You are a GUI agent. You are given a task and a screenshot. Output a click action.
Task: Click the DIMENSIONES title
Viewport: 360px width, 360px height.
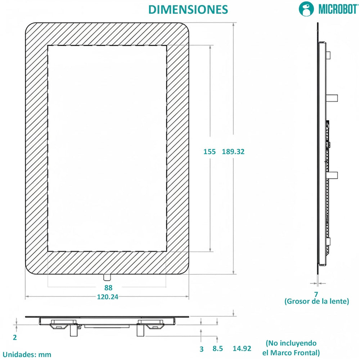pos(188,9)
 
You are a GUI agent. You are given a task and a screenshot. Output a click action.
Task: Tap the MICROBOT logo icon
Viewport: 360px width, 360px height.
pos(306,9)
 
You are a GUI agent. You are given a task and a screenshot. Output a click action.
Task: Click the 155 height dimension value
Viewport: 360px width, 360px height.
pos(209,152)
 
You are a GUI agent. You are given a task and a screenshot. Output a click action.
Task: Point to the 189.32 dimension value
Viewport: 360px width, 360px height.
pos(233,152)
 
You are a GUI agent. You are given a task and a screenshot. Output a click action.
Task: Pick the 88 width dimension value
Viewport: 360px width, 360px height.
pos(108,288)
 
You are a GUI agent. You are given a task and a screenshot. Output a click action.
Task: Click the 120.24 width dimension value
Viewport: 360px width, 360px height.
pos(108,297)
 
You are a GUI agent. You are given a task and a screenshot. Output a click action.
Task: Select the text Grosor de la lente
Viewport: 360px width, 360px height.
pos(317,301)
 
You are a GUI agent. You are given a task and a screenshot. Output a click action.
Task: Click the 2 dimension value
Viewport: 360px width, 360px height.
pos(15,337)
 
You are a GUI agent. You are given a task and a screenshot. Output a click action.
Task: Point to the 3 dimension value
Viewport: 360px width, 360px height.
pos(202,349)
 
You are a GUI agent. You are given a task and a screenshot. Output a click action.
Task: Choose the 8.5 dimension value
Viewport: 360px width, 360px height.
pos(217,348)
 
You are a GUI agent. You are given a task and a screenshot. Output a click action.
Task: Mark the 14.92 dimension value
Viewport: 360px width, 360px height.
pos(242,348)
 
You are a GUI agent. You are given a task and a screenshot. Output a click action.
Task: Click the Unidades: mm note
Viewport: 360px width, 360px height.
pos(27,354)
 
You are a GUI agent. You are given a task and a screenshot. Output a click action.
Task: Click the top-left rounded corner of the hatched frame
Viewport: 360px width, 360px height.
pos(31,28)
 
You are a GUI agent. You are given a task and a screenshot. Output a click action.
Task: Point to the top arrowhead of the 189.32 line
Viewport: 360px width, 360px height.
pos(234,24)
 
